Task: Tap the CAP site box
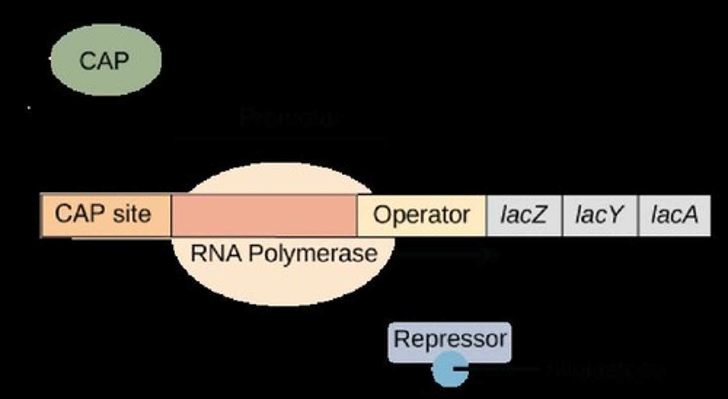click(x=105, y=215)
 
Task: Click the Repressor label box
click(x=449, y=339)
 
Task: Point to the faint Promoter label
click(x=292, y=118)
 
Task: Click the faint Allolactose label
click(x=604, y=370)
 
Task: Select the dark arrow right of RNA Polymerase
click(x=447, y=254)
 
